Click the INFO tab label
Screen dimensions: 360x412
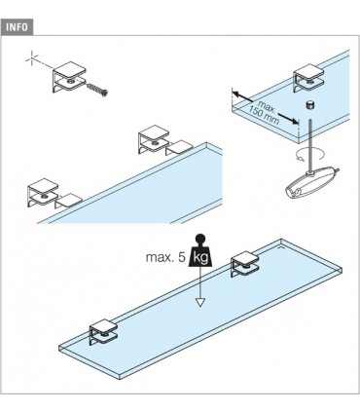pos(18,27)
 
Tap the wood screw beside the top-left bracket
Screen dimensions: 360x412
pos(97,89)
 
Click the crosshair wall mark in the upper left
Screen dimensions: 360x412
pos(32,59)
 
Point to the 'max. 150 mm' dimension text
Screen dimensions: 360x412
pos(265,112)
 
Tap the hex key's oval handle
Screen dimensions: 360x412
pos(309,182)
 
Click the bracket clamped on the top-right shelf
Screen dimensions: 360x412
pos(308,79)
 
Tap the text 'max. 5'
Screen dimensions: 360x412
pos(165,258)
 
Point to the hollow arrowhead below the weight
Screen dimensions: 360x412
pos(200,302)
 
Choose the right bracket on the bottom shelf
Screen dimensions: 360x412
pos(245,266)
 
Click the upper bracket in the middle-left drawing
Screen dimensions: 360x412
pos(154,141)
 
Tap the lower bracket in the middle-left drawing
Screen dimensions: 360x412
pos(43,193)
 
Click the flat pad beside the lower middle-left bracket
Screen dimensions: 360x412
pos(69,201)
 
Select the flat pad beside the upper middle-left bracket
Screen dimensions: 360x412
pos(180,148)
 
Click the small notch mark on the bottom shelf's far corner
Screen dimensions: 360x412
pos(282,247)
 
